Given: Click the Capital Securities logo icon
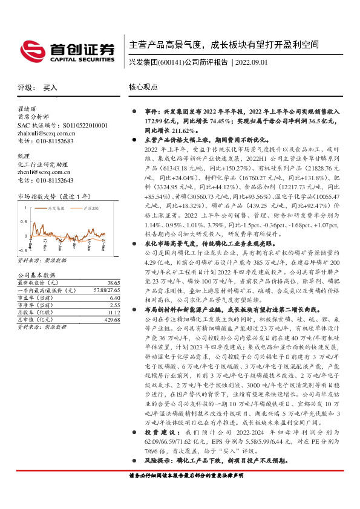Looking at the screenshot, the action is click(31, 48).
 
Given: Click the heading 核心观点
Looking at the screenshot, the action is click(142, 87).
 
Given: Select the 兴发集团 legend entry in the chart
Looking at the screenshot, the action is click(56, 207).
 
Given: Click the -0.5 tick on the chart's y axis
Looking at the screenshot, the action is click(22, 249).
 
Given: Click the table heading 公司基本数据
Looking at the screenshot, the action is click(36, 275).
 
